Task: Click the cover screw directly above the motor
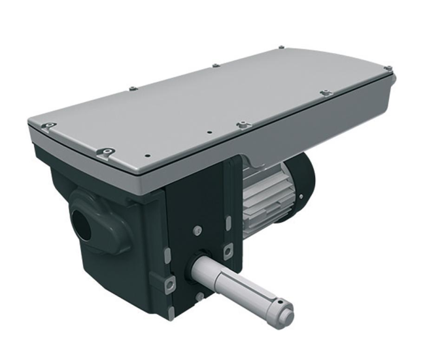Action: (241, 123)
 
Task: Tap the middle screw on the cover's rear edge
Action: (214, 65)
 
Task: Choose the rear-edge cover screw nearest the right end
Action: (280, 48)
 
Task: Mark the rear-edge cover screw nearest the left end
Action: (131, 87)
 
